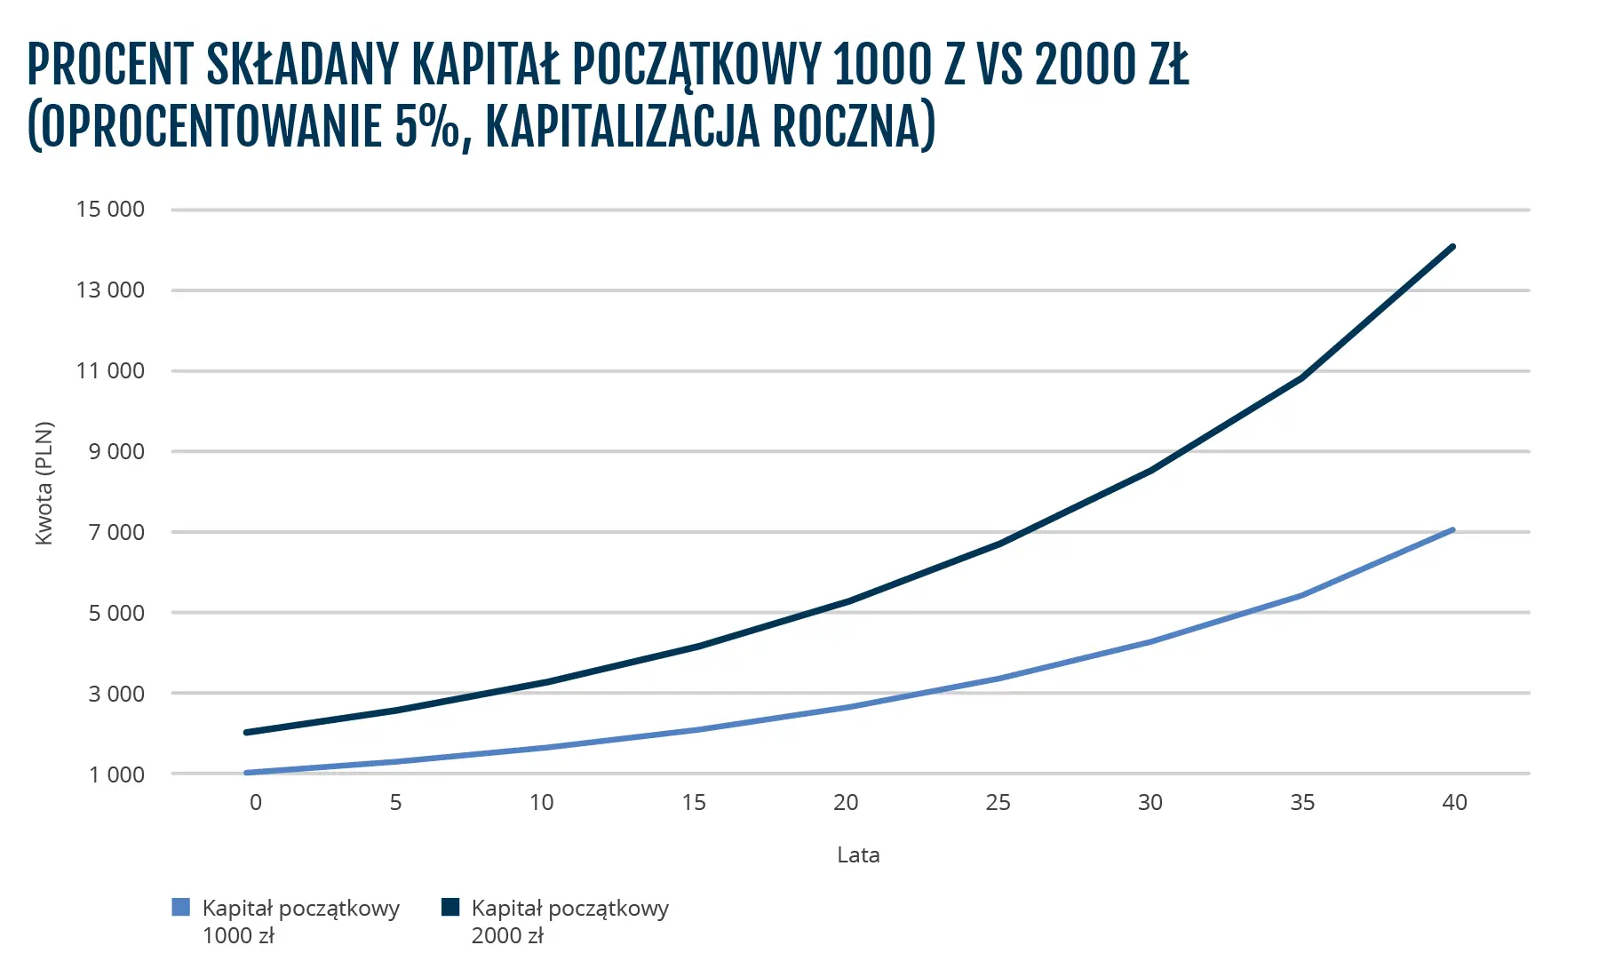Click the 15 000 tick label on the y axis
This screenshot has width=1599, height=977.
110,210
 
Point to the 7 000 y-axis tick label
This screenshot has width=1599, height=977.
115,532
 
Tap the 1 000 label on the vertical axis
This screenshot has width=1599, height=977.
115,774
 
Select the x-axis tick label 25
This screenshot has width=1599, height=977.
998,803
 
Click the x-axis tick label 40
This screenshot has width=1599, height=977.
1454,803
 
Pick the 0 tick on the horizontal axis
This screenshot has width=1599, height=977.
256,803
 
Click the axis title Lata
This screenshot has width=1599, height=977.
858,855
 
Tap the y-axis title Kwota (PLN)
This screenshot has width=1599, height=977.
44,483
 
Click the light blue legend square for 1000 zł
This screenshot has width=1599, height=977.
180,908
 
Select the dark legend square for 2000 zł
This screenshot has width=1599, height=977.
450,908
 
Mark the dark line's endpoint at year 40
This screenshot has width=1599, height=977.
1453,246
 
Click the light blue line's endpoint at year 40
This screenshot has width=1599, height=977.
1453,529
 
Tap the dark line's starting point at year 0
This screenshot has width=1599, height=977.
246,733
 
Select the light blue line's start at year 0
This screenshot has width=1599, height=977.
246,773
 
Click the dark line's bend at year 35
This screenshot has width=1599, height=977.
1302,377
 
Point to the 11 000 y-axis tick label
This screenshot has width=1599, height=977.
110,371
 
